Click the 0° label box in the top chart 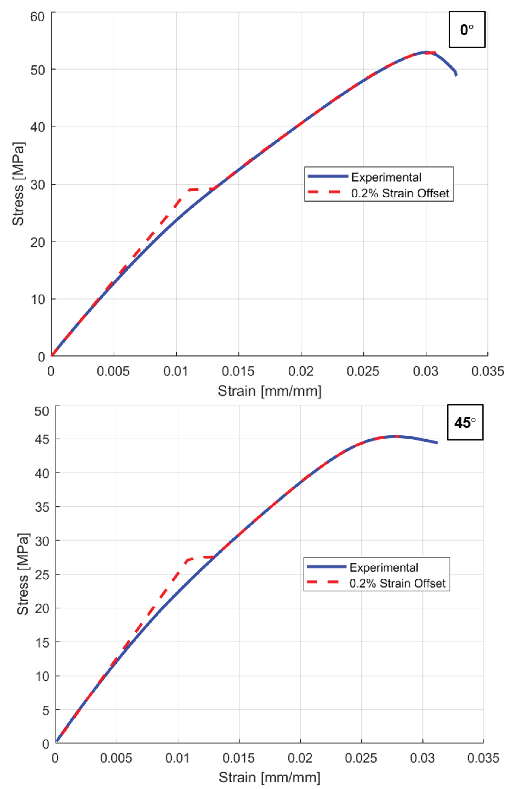coord(467,30)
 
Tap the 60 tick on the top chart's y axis coord(37,17)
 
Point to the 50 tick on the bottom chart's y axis coord(42,411)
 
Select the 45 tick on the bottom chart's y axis coord(42,439)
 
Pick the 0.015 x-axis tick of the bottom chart coord(238,758)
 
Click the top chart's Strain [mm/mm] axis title coord(269,391)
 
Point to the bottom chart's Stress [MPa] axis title coord(23,574)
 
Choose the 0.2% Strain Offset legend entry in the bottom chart coord(397,583)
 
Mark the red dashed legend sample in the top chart coord(324,192)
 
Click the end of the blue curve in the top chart coord(456,75)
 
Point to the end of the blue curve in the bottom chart coord(437,442)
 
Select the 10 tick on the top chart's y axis coord(37,299)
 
